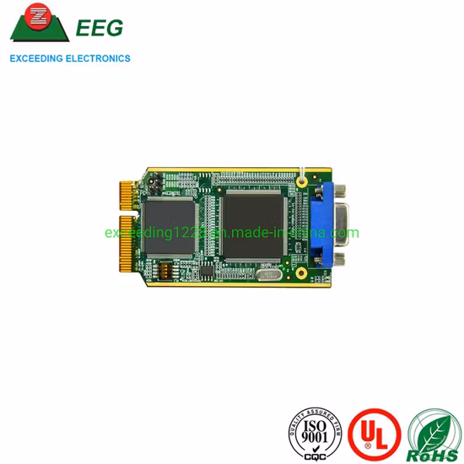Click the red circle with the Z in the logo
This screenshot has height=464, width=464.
[x=36, y=16]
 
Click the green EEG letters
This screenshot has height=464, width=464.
[x=99, y=28]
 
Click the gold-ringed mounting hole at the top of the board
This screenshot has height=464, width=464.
[x=300, y=179]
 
